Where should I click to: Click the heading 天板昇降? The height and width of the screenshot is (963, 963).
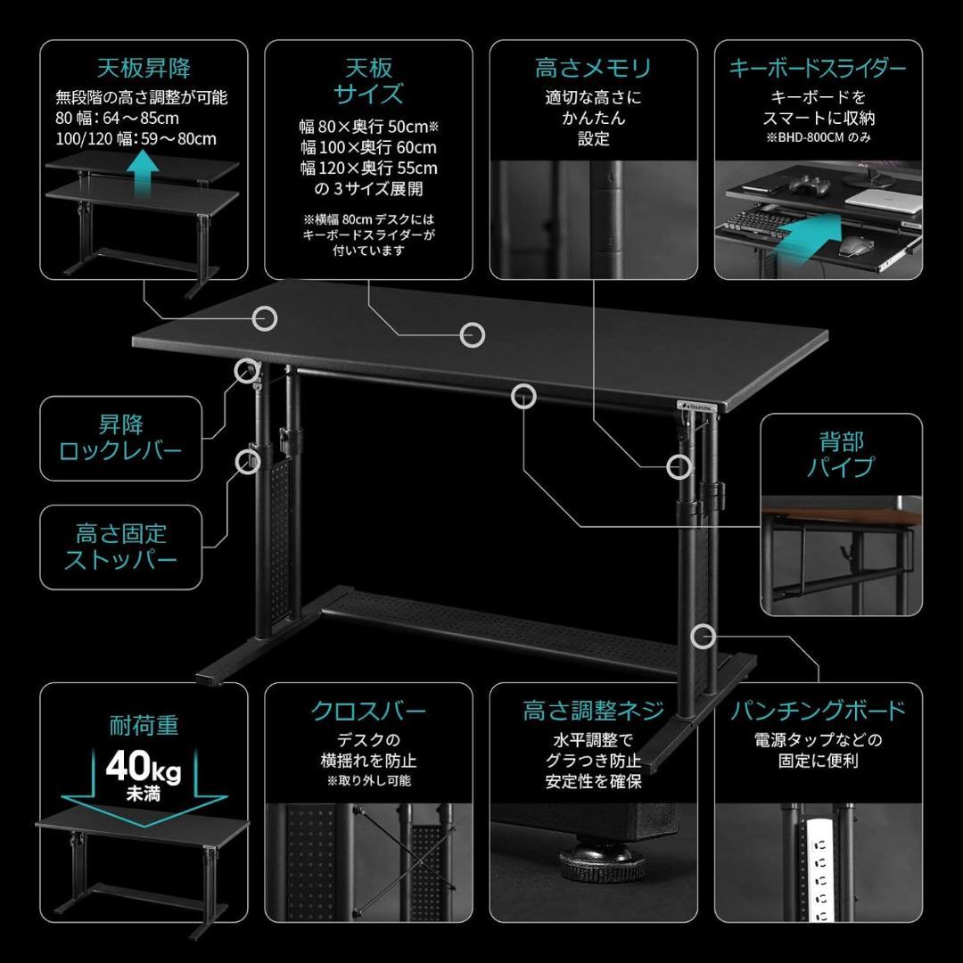click(x=144, y=68)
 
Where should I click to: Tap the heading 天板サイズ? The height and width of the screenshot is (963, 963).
click(x=368, y=81)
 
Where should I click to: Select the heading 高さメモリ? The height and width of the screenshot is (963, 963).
click(x=593, y=68)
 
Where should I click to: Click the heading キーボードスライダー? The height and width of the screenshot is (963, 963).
click(x=818, y=68)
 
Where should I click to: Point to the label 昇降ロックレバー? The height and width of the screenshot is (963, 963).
click(x=120, y=436)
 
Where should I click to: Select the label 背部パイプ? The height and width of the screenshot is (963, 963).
click(x=841, y=454)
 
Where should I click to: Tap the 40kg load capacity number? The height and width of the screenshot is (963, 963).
click(x=143, y=766)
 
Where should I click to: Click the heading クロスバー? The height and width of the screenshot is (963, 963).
click(x=368, y=711)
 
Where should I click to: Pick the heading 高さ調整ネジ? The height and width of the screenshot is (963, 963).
click(x=593, y=711)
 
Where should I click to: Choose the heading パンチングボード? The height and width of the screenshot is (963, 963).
click(x=818, y=711)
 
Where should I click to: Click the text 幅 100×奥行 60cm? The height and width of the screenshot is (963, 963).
click(x=368, y=147)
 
